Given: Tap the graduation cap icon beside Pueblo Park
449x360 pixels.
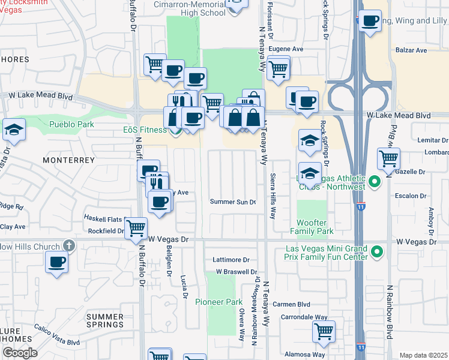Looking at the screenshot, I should point(13,129).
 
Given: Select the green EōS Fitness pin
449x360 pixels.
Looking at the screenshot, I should point(175,130).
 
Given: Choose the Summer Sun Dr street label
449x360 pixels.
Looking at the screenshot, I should point(233,202).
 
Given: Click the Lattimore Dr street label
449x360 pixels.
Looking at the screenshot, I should point(231,260).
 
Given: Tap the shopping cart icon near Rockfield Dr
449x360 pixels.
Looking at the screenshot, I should point(136,228).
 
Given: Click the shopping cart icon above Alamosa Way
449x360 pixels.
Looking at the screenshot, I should point(324,331).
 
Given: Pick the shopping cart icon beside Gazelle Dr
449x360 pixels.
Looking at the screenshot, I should point(388,159).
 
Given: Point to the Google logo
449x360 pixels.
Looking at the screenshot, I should point(19,353).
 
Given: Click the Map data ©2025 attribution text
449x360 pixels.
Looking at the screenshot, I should point(423,355).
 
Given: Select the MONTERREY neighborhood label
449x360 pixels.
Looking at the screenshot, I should point(69,160).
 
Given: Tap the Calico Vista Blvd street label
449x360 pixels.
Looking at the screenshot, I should point(57,343).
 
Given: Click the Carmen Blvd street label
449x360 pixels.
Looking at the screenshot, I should point(291,304).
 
